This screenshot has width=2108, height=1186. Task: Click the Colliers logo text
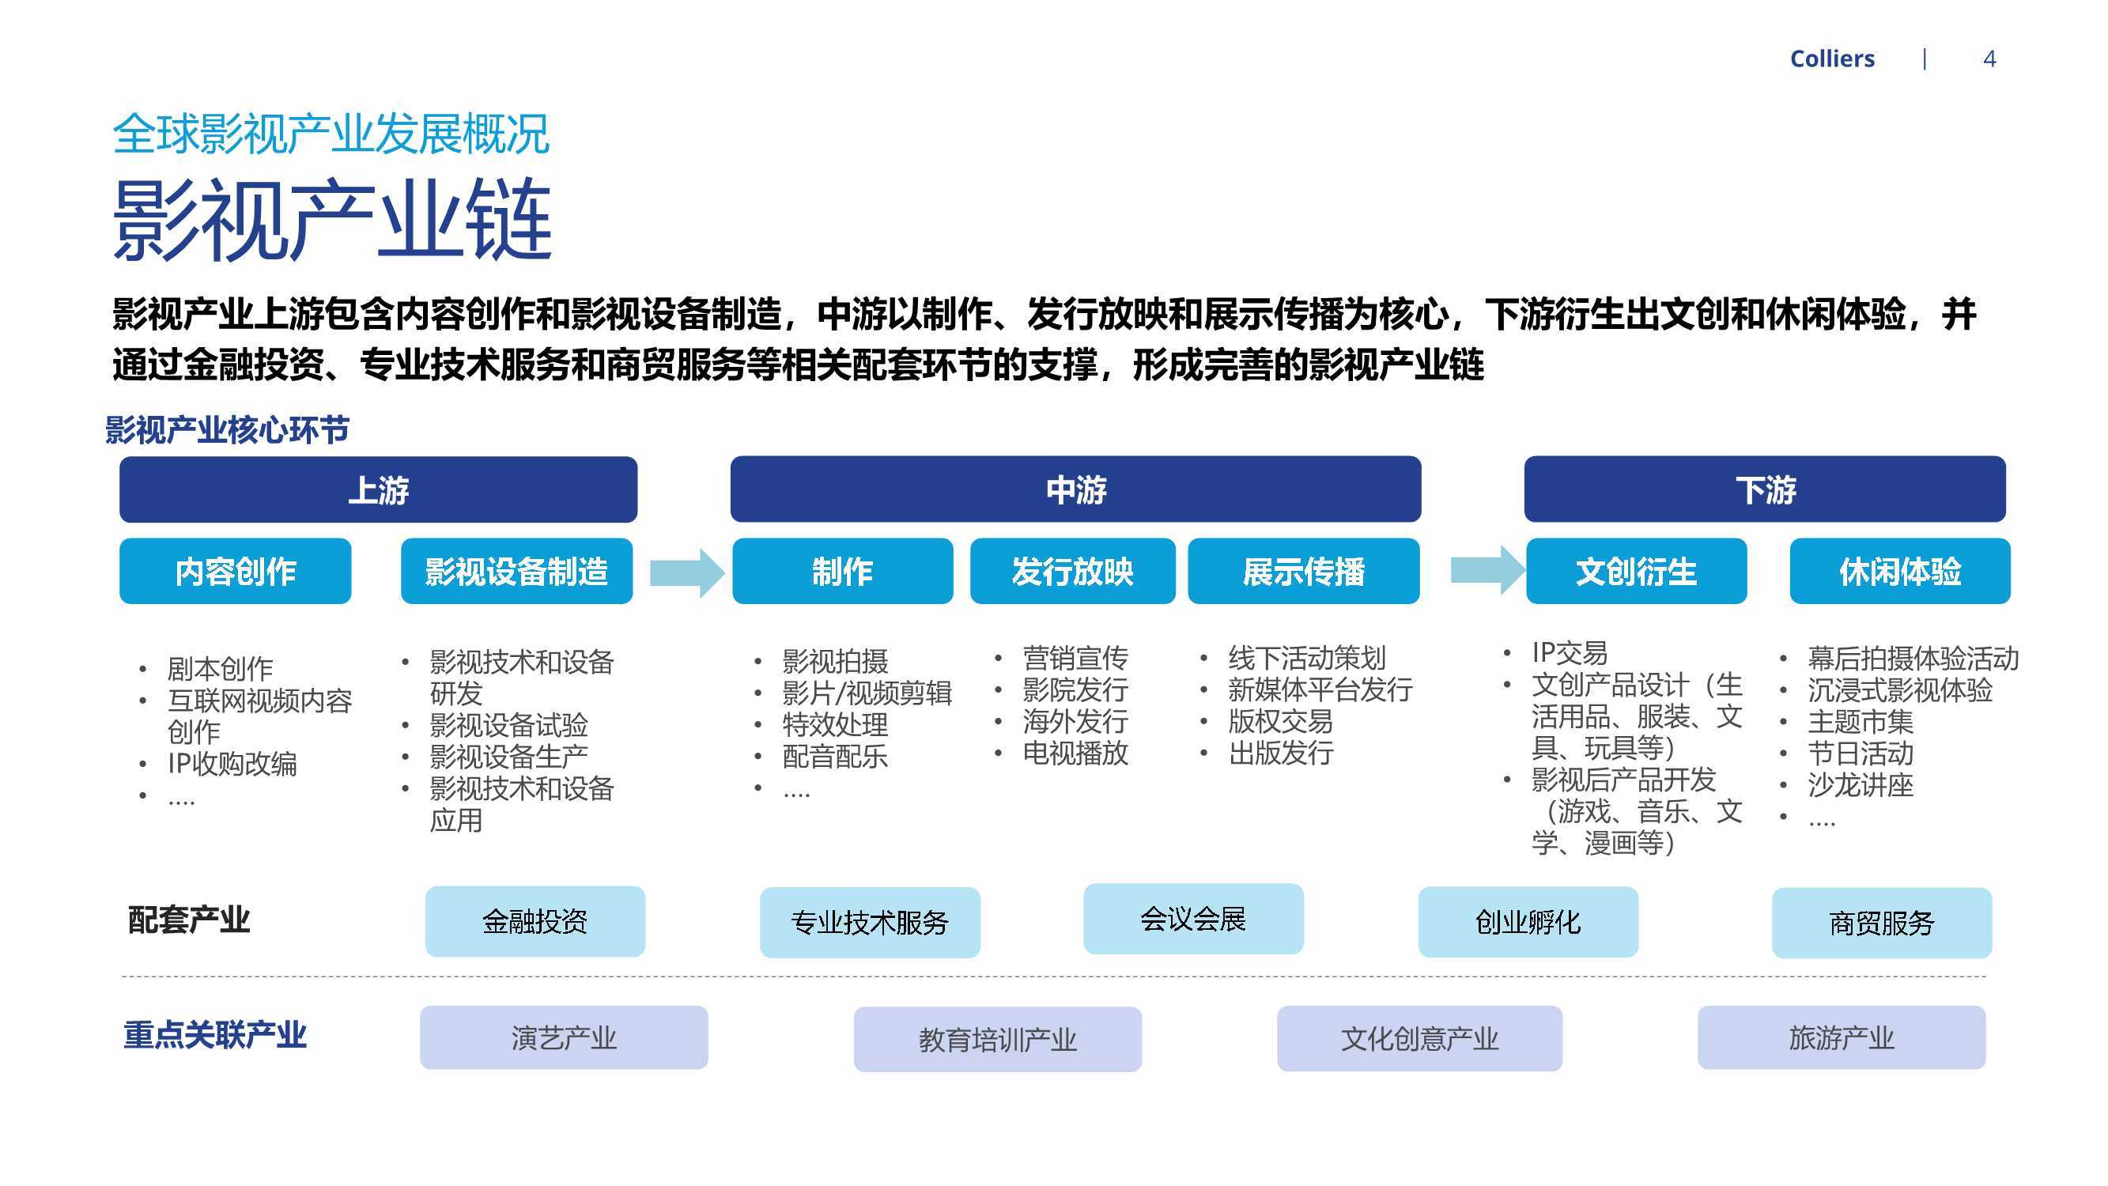coord(1831,59)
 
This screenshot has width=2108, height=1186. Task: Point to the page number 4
coord(1989,59)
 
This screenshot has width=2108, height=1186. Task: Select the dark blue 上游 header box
coord(378,489)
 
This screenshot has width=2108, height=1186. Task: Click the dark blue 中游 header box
coord(1075,489)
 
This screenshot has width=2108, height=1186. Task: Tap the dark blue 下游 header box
coord(1764,489)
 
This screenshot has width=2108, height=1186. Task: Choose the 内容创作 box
coord(236,572)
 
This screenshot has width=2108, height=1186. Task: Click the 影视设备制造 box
coord(516,572)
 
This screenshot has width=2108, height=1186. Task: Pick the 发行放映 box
coord(1072,572)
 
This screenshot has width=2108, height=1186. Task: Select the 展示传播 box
coord(1304,572)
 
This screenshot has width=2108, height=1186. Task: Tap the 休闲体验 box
coord(1899,572)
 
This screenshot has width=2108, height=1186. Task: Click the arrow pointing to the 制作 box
coord(687,572)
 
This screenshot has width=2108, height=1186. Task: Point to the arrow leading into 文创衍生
coord(1488,568)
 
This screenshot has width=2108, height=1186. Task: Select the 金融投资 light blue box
coord(535,922)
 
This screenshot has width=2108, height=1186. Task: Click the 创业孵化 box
coord(1528,922)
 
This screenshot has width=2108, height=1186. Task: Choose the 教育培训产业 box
coord(998,1039)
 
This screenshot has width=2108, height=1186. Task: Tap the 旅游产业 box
coord(1842,1038)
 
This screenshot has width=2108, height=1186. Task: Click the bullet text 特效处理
coord(835,724)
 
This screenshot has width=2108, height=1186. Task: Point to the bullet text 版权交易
coord(1281,721)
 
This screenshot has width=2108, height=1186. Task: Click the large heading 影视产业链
coord(332,219)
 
